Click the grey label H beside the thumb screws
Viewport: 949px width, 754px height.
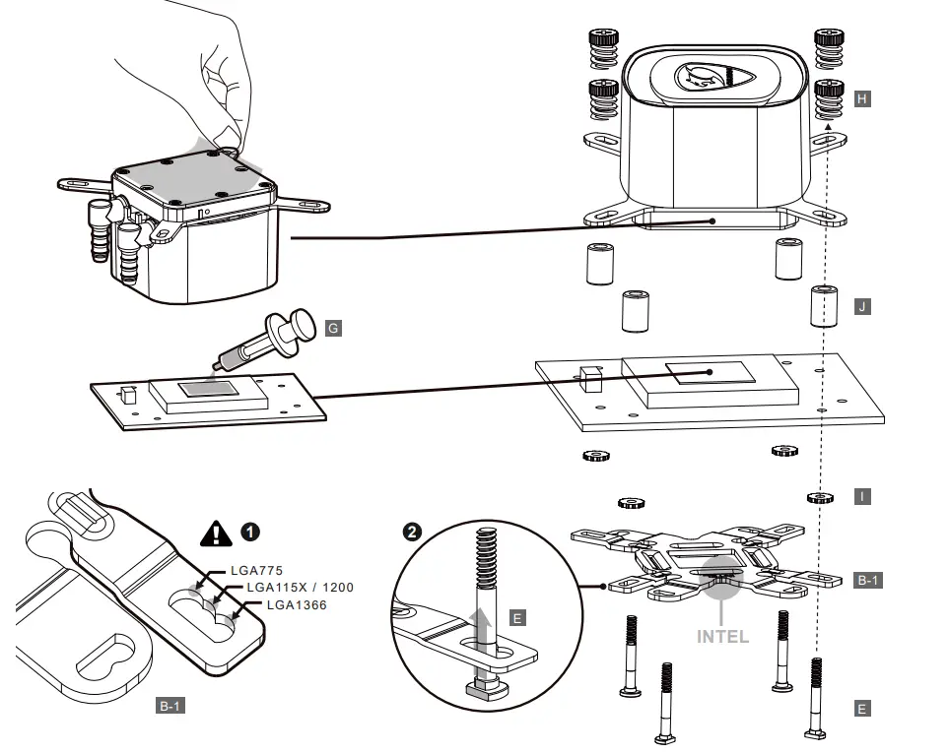(862, 99)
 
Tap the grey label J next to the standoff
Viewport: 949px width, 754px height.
(862, 307)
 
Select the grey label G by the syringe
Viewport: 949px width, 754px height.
(333, 328)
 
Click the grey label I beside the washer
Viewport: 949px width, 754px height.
(862, 497)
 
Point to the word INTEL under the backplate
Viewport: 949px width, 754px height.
(722, 636)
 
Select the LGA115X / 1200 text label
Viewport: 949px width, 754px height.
(300, 588)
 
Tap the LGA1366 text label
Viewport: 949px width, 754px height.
(287, 604)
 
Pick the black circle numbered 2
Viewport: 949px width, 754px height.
(413, 532)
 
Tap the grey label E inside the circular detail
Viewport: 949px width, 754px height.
(518, 618)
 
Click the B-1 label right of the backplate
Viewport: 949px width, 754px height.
(867, 581)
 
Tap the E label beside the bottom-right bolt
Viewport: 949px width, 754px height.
(862, 709)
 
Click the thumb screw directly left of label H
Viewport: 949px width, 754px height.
(828, 98)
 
